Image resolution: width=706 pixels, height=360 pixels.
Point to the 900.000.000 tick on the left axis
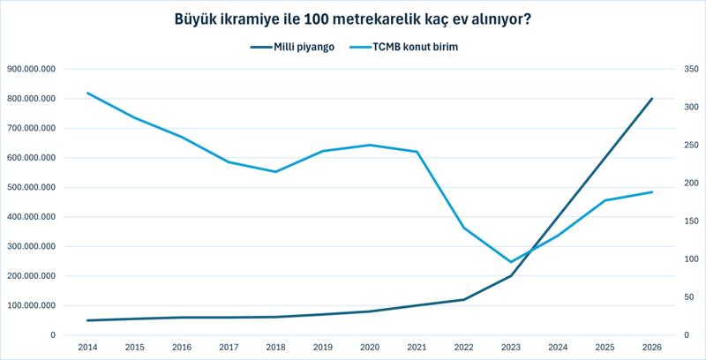tap(31, 69)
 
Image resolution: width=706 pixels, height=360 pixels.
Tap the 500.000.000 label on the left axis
tap(31, 187)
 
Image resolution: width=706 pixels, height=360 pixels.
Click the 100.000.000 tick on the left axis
tap(31, 305)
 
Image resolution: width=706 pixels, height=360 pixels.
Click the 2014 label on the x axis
tap(86, 348)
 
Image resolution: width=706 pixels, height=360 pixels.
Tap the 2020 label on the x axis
tap(370, 348)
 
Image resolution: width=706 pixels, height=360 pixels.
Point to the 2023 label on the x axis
tap(511, 348)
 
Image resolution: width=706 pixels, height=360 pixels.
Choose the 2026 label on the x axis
tap(652, 348)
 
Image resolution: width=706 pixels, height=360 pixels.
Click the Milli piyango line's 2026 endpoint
tap(652, 99)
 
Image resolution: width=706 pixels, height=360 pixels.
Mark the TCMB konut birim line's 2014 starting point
tap(86, 94)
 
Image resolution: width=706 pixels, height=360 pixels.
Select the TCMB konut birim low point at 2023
tap(511, 262)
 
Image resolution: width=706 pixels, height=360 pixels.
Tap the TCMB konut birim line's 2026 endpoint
tap(652, 191)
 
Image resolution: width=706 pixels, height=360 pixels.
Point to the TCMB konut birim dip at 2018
tap(275, 172)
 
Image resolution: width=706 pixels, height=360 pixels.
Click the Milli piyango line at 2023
tap(511, 276)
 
